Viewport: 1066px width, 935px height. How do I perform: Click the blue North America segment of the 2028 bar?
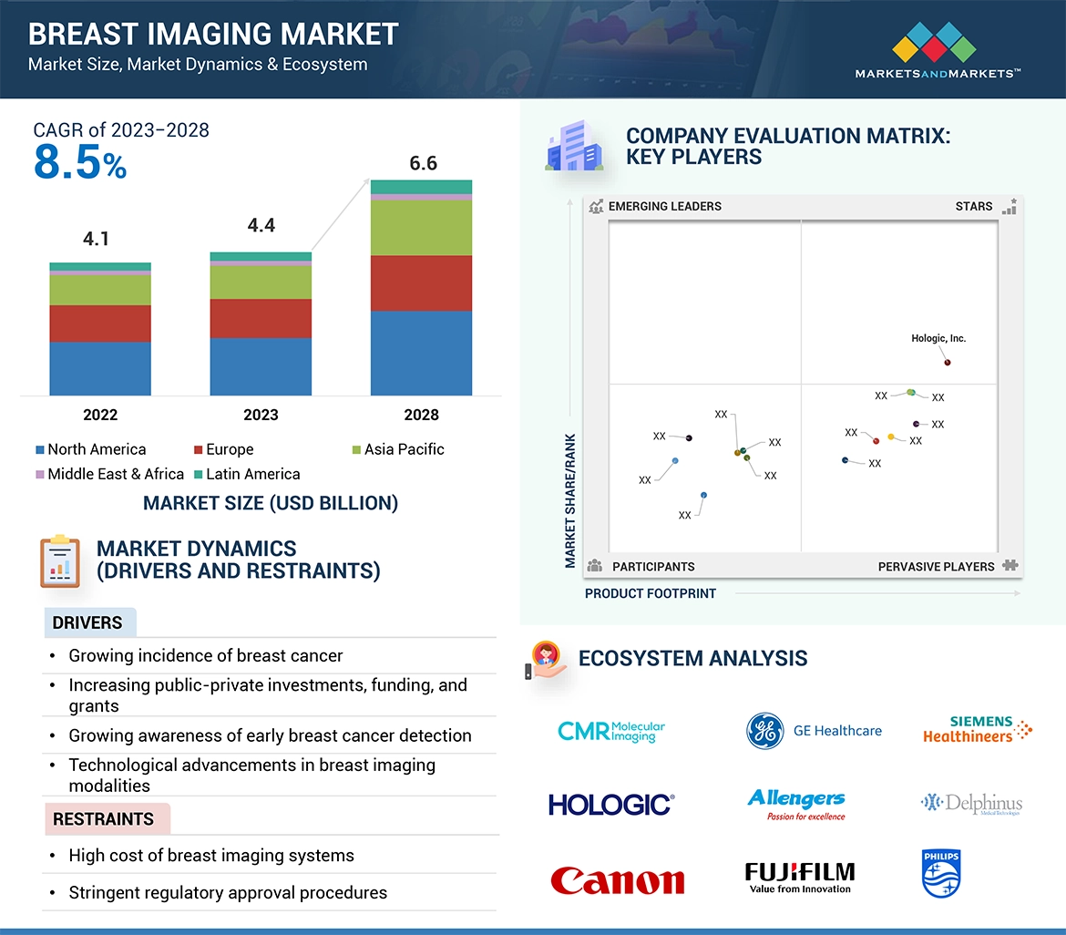point(421,353)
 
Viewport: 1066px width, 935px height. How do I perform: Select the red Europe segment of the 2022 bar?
point(100,324)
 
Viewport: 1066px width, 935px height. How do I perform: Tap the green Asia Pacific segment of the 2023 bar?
point(261,282)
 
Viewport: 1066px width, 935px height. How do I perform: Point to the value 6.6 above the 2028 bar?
point(423,163)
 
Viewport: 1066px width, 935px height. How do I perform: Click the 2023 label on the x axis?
point(261,415)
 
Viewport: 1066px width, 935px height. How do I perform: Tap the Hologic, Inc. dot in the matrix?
point(948,363)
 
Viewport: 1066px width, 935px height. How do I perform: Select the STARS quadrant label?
point(973,206)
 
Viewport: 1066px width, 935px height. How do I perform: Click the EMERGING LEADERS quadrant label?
point(664,206)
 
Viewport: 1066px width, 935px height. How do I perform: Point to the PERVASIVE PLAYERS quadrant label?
point(936,567)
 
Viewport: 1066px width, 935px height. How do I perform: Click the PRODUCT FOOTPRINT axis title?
point(651,593)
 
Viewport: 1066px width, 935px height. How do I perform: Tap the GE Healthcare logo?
point(814,731)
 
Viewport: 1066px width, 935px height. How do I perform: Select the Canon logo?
point(617,880)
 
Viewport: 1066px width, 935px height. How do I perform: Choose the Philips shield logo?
point(941,874)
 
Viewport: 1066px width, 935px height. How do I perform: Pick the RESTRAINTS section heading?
point(103,819)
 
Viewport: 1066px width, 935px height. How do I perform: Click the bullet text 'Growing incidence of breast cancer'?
point(206,655)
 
